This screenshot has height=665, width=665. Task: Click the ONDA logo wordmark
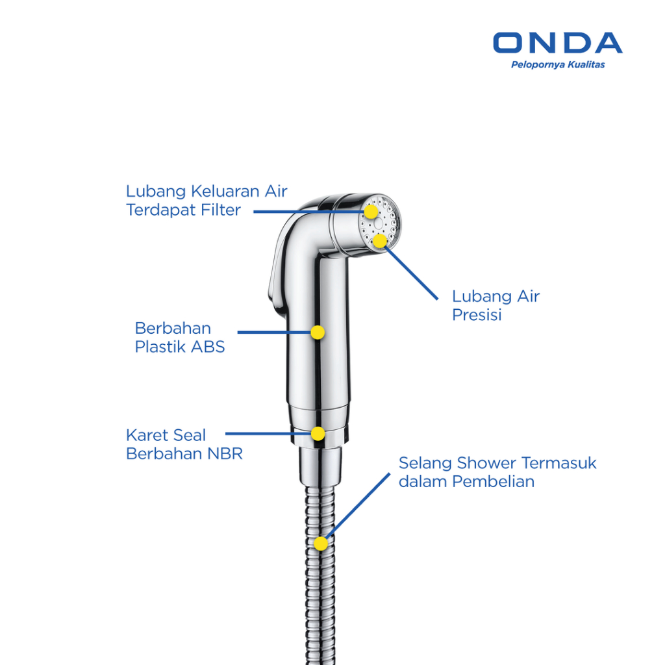557,43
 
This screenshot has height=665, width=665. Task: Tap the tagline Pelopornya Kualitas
558,64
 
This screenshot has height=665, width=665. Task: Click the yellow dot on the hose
321,544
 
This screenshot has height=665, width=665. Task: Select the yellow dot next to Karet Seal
318,433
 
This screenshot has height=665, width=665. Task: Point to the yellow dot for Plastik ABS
318,332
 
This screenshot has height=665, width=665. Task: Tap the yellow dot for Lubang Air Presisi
380,241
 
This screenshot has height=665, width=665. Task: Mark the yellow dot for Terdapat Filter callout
370,212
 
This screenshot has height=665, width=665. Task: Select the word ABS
208,347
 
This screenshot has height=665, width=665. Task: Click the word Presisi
477,315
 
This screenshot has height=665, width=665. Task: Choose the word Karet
147,435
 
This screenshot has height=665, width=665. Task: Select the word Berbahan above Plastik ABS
173,328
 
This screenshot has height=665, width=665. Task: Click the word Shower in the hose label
484,464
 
